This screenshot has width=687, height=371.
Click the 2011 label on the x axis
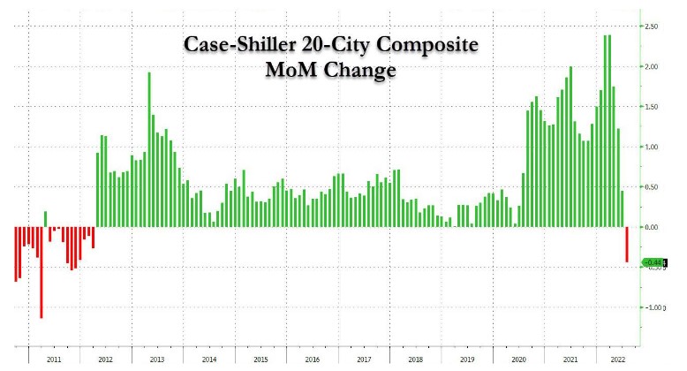[x=53, y=360]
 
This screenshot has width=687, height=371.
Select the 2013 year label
[x=157, y=360]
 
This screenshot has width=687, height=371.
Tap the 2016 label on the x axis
[x=313, y=360]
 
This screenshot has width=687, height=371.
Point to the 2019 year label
[x=468, y=360]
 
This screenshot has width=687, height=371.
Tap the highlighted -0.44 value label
[x=653, y=261]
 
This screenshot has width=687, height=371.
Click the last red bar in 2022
[x=628, y=244]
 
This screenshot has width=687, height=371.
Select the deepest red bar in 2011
[x=41, y=272]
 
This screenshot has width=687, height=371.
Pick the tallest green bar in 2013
[x=148, y=149]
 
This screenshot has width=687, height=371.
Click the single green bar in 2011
[x=45, y=219]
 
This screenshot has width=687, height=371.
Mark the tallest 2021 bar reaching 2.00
[x=571, y=147]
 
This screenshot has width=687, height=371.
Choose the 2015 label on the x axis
[x=261, y=360]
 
